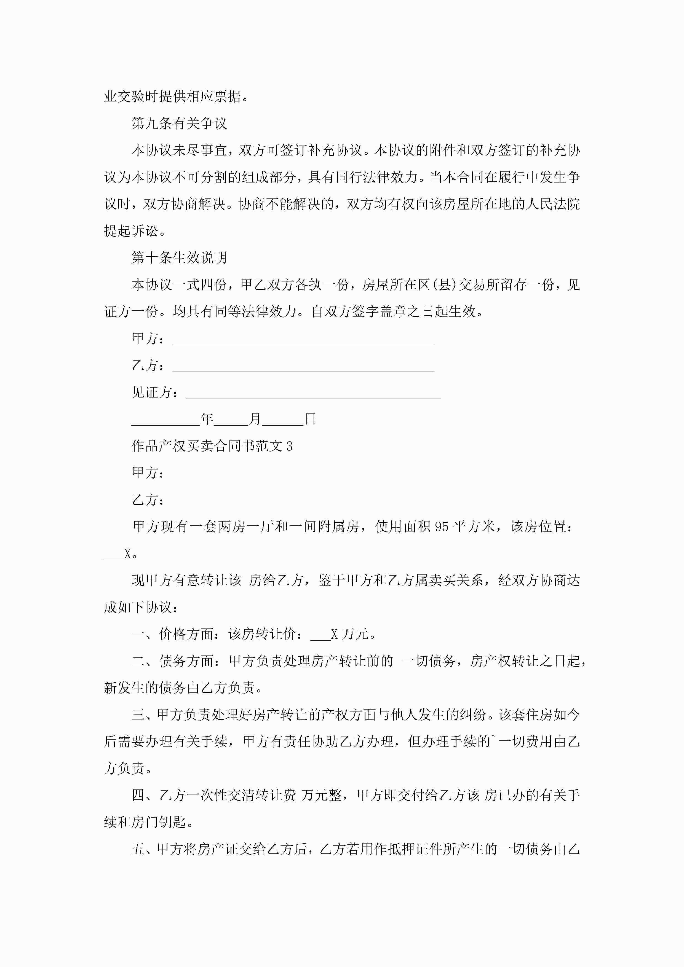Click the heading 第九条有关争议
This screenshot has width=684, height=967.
click(179, 123)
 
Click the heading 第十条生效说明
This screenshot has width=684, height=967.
click(179, 257)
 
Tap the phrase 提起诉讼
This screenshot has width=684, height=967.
click(131, 231)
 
